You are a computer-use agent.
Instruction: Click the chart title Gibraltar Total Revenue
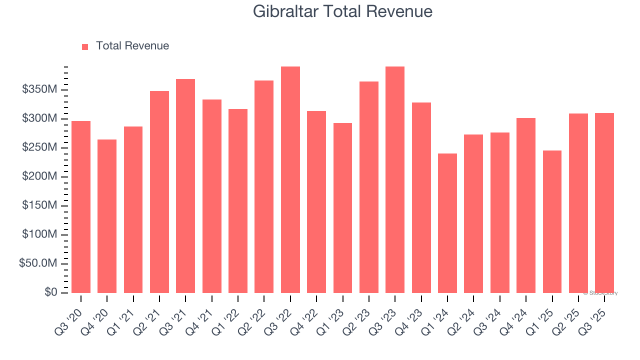coord(342,11)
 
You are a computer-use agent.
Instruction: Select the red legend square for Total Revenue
coord(85,46)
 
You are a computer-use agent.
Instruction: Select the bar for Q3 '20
coord(81,207)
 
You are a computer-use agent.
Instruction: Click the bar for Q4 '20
coord(107,216)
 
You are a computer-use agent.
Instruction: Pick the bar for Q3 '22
coord(290,180)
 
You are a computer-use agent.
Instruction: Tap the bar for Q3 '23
coord(395,180)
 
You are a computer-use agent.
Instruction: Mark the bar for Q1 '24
coord(447,223)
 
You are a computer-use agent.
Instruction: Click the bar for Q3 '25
coord(604,203)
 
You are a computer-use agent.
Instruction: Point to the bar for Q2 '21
coord(159,192)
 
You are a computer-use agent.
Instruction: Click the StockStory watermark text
coord(600,293)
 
